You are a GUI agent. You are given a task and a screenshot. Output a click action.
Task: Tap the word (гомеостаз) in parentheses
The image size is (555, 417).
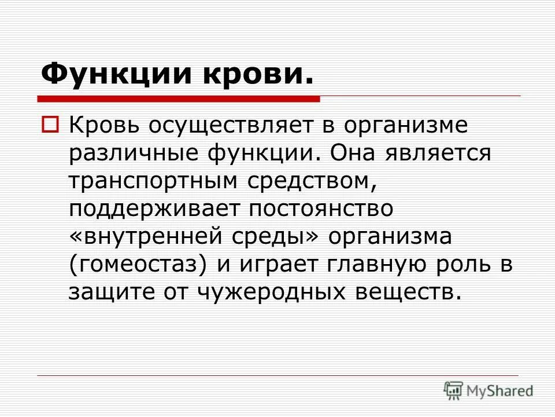point(138,265)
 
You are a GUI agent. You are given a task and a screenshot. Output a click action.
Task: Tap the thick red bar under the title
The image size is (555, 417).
point(179,99)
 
